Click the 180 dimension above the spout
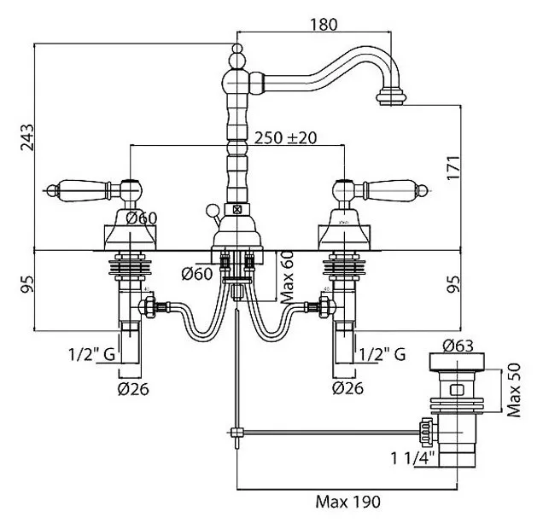pos(323,25)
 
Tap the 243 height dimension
pos(27,137)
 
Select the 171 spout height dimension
pos(453,168)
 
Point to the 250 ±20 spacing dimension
pos(286,137)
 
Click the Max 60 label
pos(288,277)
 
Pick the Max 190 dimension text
pos(347,502)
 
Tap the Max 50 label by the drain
pos(514,390)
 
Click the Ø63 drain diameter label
pos(458,346)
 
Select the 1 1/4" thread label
pos(412,458)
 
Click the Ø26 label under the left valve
pos(133,389)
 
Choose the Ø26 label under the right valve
pos(347,388)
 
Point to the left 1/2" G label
pos(91,354)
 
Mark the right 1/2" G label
pos(382,354)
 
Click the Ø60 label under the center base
pos(196,274)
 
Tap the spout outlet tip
pos(391,97)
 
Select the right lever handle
pos(389,189)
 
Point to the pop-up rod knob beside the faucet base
pos(213,211)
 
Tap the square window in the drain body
pos(457,390)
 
